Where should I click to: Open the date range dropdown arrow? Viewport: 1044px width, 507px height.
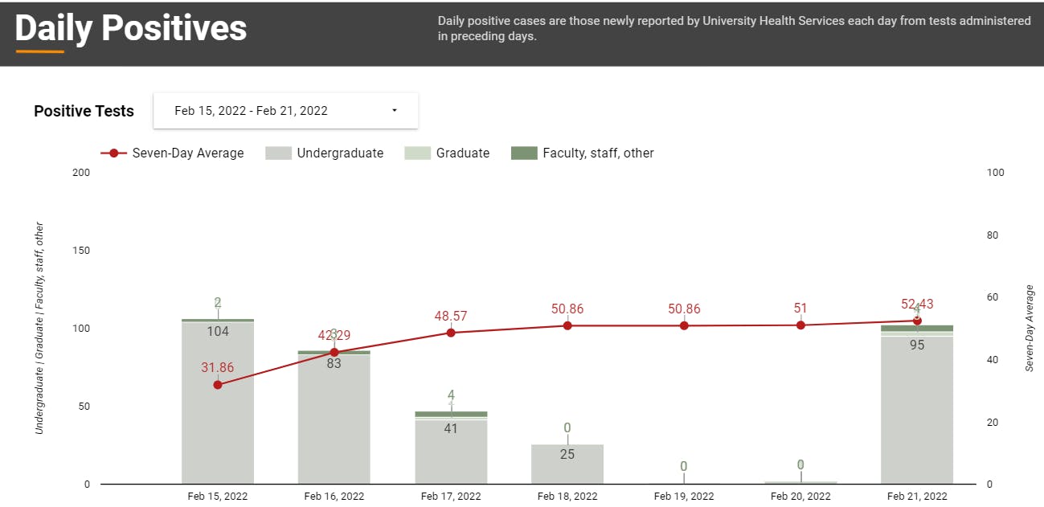(x=395, y=111)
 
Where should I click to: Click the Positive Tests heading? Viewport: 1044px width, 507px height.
(x=84, y=111)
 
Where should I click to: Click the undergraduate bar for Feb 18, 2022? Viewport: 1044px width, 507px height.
(x=567, y=466)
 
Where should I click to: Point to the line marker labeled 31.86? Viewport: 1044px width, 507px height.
(x=218, y=385)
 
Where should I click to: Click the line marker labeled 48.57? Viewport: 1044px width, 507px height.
(x=451, y=333)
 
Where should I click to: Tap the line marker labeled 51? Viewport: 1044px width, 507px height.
(x=800, y=325)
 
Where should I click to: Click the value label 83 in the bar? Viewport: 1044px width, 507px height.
(x=334, y=363)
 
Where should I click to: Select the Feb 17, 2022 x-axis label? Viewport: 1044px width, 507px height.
(x=451, y=497)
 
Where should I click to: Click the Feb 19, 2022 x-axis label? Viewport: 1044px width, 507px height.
(x=684, y=497)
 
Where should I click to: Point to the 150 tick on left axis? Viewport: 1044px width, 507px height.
(x=81, y=251)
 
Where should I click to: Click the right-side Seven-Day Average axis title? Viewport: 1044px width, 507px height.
(x=1030, y=328)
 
